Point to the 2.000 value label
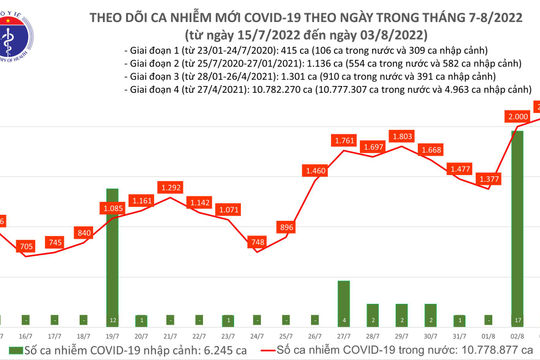[518, 117]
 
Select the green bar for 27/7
[345, 303]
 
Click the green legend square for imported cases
[8, 352]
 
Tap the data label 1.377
[489, 179]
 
